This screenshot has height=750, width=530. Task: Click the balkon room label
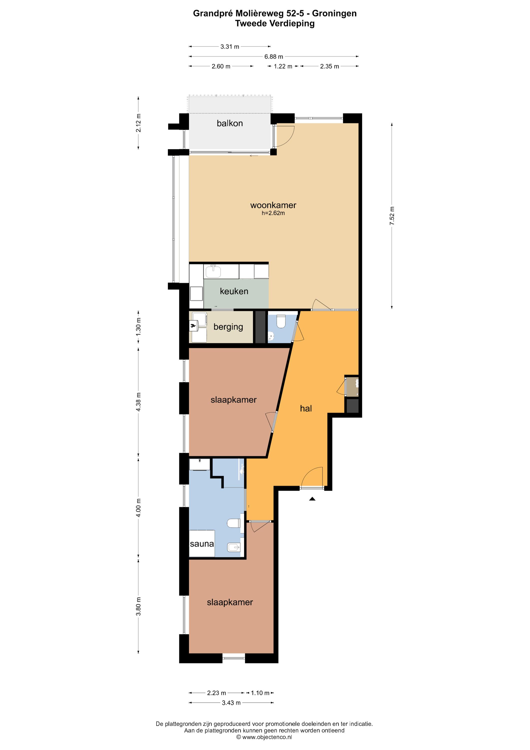click(x=230, y=123)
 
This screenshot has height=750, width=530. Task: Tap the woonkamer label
click(x=273, y=205)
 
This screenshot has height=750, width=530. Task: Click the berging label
click(x=228, y=327)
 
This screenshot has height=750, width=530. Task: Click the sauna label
click(x=202, y=544)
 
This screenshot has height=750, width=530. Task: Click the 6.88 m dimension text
click(x=274, y=56)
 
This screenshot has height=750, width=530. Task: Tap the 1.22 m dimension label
click(x=283, y=66)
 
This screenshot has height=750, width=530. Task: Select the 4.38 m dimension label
click(x=138, y=402)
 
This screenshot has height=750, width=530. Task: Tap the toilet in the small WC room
click(x=281, y=321)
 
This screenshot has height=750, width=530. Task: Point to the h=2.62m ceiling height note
click(x=273, y=213)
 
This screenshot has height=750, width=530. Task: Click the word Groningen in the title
click(x=335, y=14)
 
